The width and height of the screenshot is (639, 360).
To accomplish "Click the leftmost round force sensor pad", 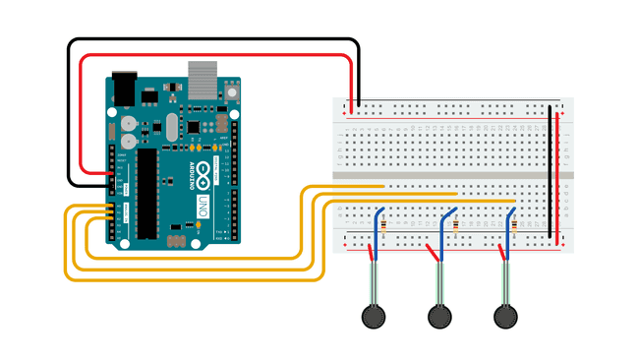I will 373,316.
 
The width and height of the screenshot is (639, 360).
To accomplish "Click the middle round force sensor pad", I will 439,316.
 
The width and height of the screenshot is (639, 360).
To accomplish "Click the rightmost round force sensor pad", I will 505,316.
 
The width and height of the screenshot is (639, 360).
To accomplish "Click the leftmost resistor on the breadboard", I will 381,224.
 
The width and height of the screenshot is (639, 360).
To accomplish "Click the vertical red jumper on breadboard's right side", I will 559,177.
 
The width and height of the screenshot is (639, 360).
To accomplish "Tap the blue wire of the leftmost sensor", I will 375,231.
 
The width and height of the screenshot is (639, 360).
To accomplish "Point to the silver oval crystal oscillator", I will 174,127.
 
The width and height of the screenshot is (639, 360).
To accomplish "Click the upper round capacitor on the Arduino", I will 129,125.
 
